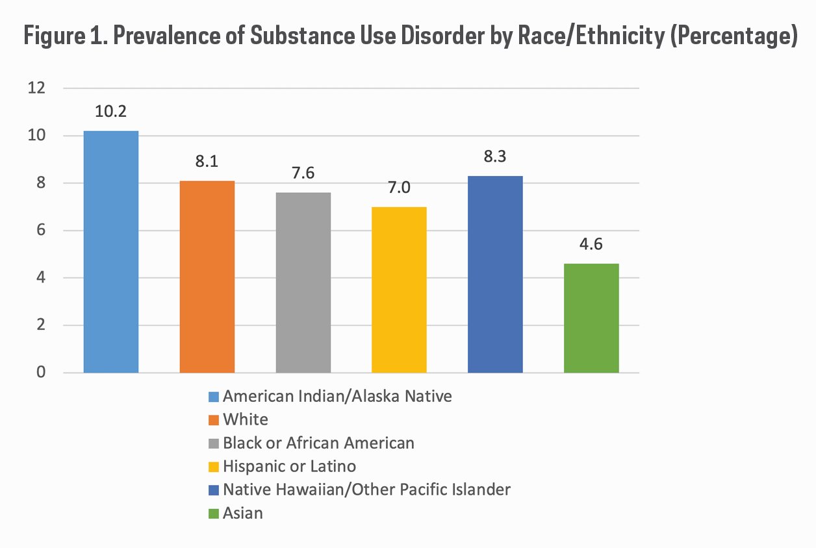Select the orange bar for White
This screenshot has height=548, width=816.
tap(207, 277)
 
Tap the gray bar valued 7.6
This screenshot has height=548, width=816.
tap(303, 282)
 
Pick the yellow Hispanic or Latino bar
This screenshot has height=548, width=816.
tap(399, 290)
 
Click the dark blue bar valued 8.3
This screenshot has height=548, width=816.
tap(495, 274)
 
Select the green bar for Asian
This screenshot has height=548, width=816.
tap(591, 318)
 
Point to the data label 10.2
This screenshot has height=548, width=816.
tap(110, 111)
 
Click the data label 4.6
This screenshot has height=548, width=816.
tap(591, 244)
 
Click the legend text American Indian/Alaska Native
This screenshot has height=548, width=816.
tap(337, 396)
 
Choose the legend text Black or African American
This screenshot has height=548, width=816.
tap(318, 443)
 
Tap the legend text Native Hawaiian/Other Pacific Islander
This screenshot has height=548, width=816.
tap(366, 490)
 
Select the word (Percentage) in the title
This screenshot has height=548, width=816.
tap(731, 36)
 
